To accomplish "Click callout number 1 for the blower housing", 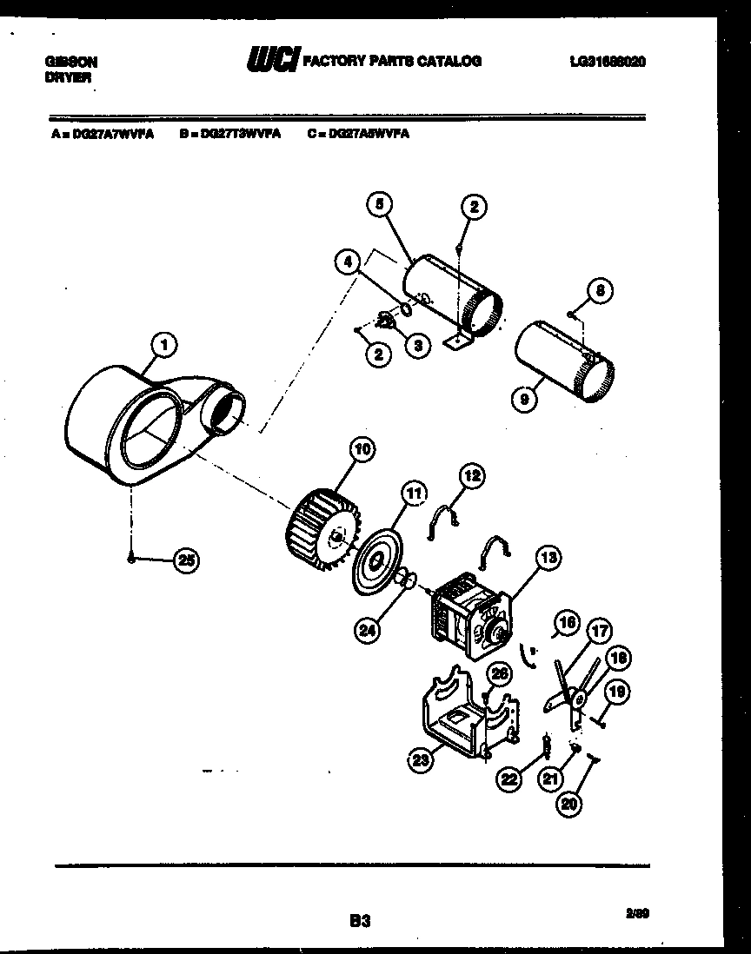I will (x=163, y=345).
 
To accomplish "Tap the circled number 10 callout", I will (x=362, y=450).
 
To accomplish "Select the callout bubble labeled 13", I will (x=549, y=559).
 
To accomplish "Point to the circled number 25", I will (x=185, y=560).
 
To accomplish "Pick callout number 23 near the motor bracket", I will (x=422, y=761).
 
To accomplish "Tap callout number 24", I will (x=369, y=630).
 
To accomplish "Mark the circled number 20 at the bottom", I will (x=568, y=805).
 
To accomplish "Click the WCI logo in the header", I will (x=273, y=60).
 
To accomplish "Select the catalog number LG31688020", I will (x=608, y=62).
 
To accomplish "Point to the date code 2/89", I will (x=636, y=912).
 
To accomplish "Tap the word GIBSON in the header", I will (x=70, y=63).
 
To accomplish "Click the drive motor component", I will (x=469, y=618).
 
